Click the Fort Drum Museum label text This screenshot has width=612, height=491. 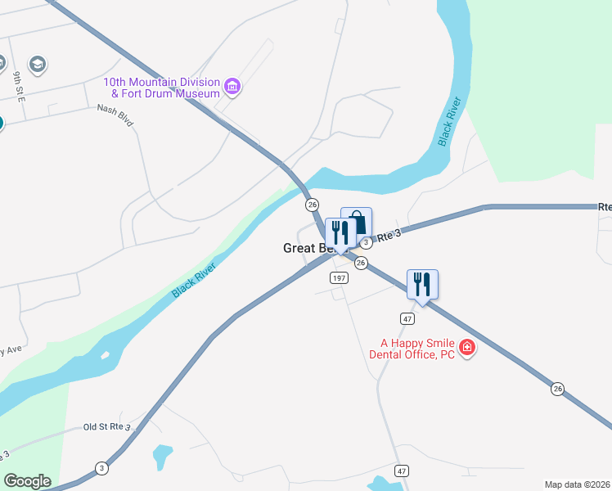point(161,88)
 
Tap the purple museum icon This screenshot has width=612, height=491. point(232,86)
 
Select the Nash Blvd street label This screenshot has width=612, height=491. point(115,114)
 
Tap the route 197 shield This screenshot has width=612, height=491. point(340,278)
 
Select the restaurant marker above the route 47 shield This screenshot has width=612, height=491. point(422,285)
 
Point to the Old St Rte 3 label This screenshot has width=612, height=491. point(107,427)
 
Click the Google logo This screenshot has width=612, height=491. point(27,481)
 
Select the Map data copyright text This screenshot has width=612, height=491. point(578,484)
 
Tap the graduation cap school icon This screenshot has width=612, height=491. point(37,63)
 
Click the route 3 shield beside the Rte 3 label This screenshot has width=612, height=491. point(367,242)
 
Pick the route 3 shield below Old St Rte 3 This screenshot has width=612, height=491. point(101,468)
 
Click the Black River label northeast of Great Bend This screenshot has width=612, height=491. point(449,122)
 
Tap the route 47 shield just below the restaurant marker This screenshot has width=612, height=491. point(407,318)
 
